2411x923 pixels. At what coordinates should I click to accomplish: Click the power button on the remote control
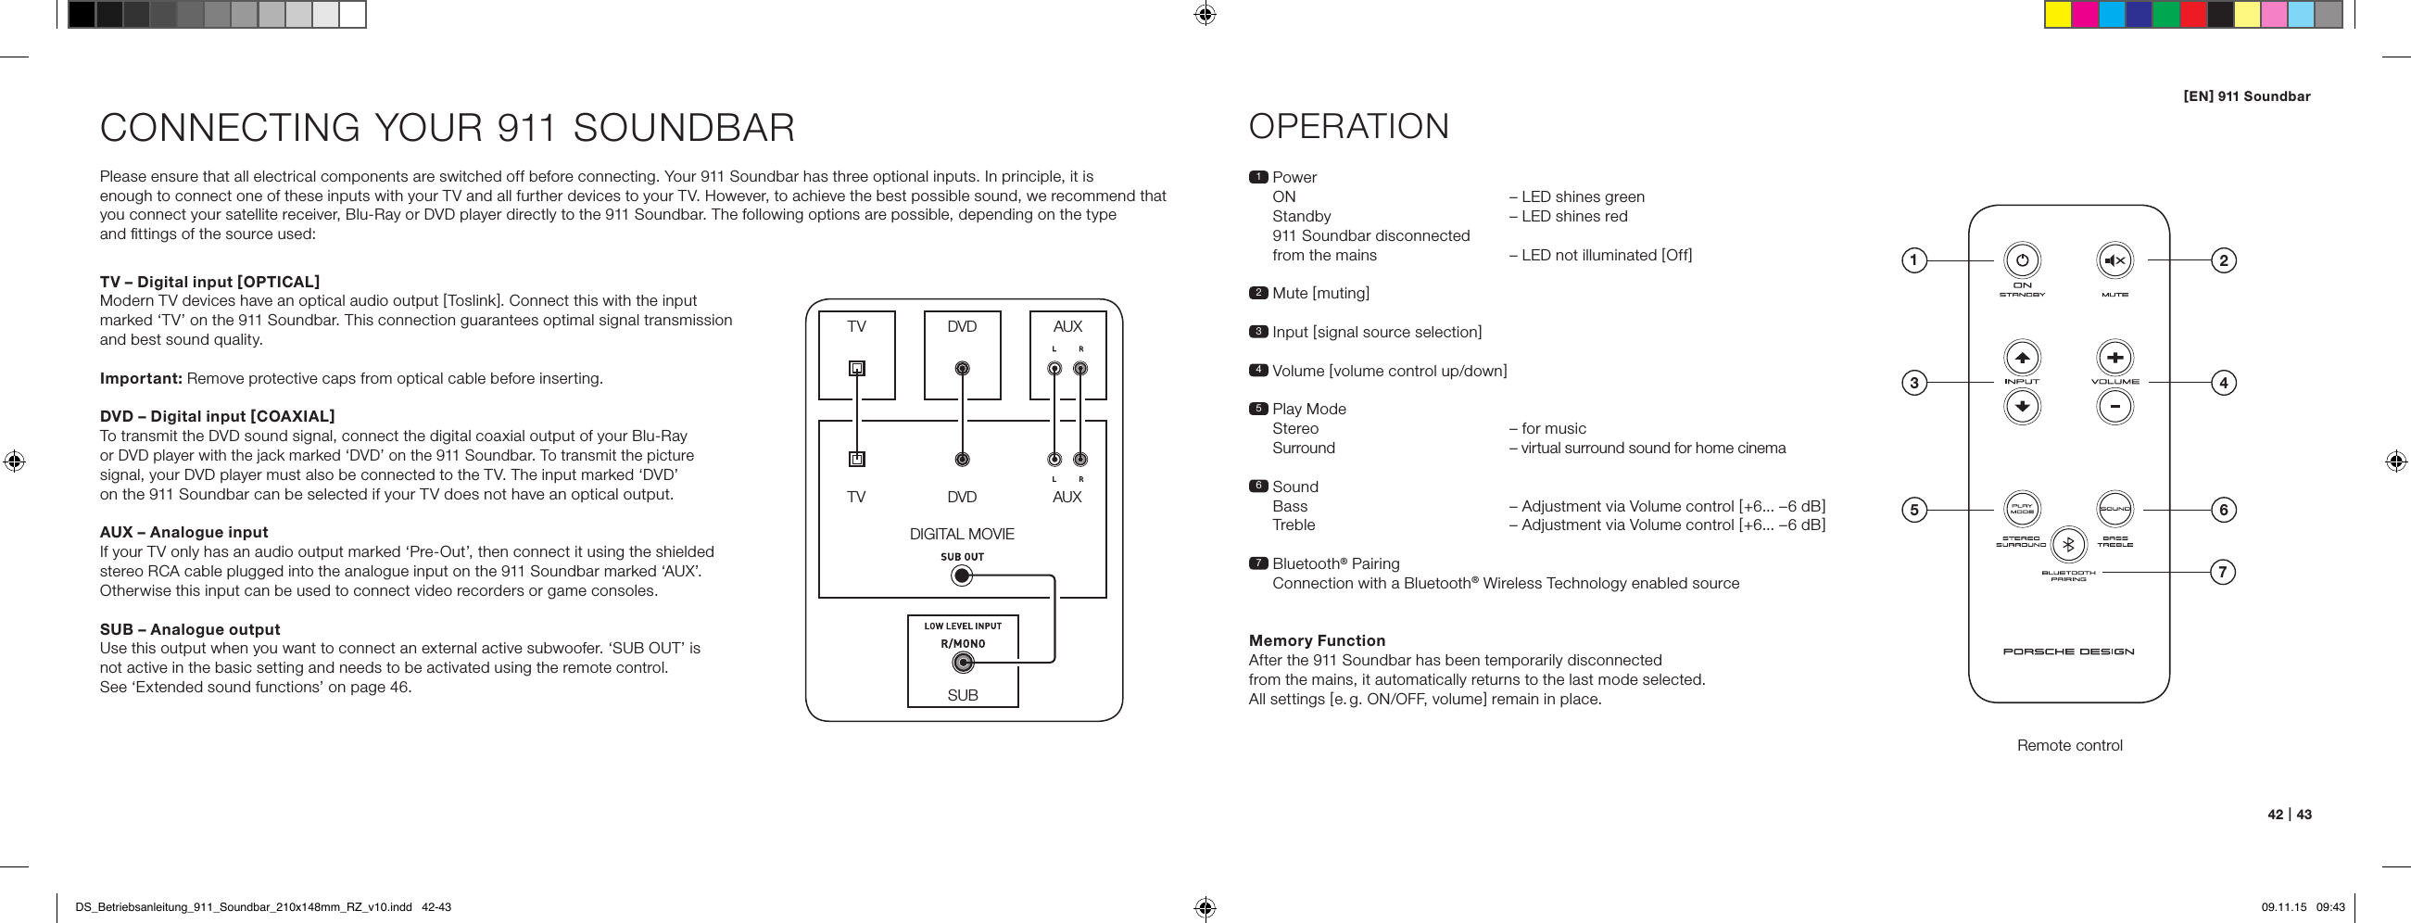(2022, 260)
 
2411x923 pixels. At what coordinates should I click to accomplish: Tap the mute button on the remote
(2114, 260)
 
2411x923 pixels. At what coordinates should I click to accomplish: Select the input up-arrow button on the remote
(2022, 357)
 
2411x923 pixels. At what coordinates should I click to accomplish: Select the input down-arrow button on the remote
(2022, 406)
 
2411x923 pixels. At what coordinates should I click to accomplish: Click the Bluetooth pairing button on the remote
(2068, 545)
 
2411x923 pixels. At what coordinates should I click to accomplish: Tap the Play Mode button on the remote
(2022, 510)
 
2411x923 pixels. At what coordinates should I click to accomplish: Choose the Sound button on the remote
(2114, 510)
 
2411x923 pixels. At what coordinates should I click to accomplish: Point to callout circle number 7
(2223, 571)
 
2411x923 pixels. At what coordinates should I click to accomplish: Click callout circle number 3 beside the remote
(1914, 382)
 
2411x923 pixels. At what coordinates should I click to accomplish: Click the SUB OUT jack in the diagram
(961, 575)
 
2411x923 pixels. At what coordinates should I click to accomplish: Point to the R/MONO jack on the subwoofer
(962, 663)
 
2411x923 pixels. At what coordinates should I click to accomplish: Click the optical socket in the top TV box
(856, 368)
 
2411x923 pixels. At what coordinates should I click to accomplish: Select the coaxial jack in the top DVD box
(962, 368)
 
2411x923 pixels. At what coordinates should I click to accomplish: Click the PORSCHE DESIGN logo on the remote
(2068, 651)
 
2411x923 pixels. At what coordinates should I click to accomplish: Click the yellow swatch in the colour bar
(2057, 15)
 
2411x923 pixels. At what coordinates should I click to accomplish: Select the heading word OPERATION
(1349, 126)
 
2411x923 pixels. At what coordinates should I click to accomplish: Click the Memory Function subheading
(1317, 640)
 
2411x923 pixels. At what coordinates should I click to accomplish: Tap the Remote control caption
(2069, 745)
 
